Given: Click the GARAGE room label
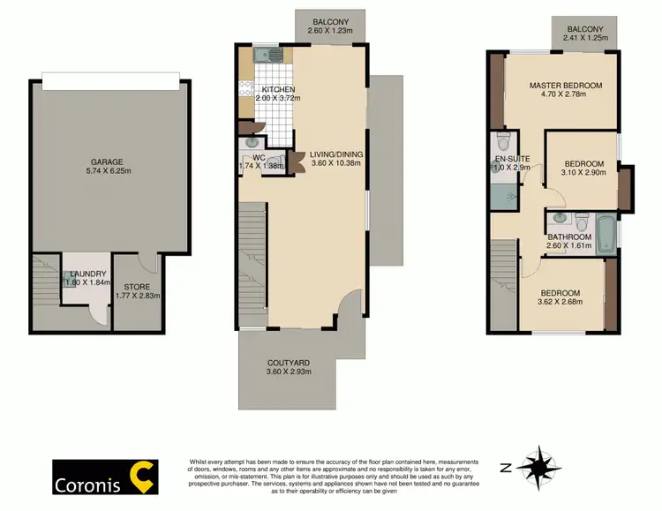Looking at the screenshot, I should tap(106, 162).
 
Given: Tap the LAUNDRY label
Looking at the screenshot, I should tap(87, 274).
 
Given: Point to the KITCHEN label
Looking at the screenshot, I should tap(278, 90).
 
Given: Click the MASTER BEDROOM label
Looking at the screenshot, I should tap(566, 86).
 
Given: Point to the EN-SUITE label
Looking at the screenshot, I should tap(509, 159).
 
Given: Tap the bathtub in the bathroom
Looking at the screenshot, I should tap(608, 235).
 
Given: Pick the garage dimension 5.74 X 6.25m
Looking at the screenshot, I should tap(106, 172).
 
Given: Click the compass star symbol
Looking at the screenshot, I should tap(537, 465).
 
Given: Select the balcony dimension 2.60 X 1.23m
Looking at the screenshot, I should tap(331, 31).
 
